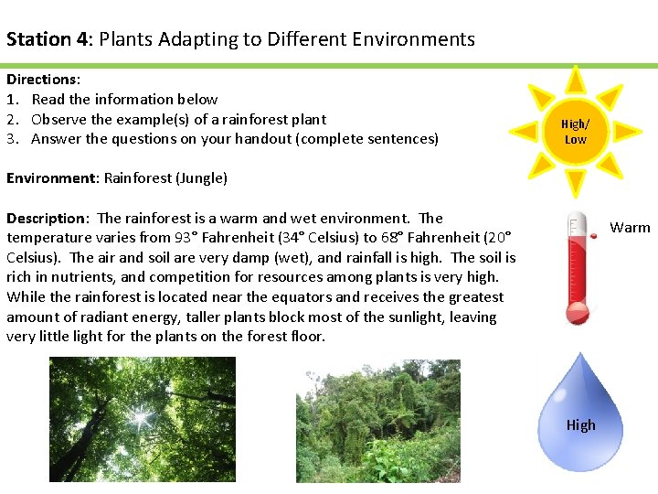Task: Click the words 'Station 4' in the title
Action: click(48, 39)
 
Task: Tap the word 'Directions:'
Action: click(43, 80)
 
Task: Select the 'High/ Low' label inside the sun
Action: click(575, 132)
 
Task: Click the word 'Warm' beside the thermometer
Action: click(630, 228)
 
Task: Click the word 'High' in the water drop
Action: click(580, 424)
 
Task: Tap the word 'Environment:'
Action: click(53, 178)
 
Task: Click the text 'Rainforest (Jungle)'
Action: click(165, 178)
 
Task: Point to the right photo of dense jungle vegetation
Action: click(377, 420)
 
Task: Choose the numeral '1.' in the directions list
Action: click(13, 100)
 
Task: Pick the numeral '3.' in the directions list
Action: click(13, 139)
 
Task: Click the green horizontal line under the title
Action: click(329, 66)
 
